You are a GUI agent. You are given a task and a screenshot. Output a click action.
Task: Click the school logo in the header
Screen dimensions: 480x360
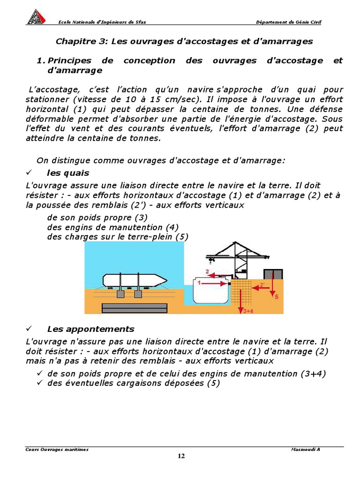click(36, 17)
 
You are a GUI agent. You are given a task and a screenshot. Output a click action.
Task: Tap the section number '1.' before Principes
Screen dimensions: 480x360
click(40, 60)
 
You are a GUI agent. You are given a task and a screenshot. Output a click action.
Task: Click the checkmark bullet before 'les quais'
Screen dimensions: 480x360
click(29, 173)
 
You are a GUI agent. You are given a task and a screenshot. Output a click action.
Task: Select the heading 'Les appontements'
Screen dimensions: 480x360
click(90, 329)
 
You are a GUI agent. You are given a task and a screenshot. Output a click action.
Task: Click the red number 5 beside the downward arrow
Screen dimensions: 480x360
click(277, 297)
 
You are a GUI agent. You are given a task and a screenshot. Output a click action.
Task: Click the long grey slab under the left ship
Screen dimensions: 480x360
click(135, 307)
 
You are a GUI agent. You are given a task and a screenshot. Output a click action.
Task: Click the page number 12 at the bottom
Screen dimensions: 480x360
click(181, 457)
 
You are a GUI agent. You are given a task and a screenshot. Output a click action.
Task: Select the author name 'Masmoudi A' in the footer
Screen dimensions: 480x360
click(305, 449)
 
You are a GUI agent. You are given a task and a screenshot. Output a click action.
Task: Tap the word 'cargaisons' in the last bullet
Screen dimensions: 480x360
click(137, 383)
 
